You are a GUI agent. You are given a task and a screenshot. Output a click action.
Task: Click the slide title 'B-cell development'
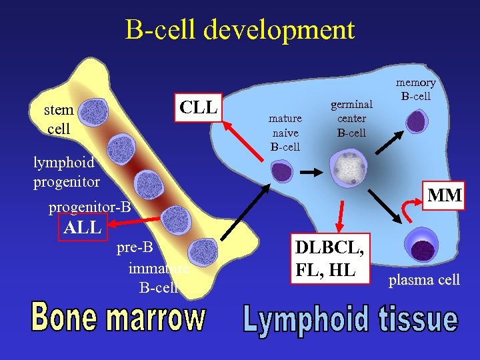point(239,30)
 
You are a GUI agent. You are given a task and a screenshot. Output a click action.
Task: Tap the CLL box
point(199,107)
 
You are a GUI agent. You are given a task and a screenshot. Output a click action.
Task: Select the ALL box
point(82,227)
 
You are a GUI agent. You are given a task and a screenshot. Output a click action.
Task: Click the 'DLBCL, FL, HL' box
point(330,259)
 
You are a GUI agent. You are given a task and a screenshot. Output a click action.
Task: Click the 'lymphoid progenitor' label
point(66,171)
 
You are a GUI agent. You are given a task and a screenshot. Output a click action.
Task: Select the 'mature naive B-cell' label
point(285,132)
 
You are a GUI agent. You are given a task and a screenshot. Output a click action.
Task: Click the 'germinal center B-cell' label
point(351,118)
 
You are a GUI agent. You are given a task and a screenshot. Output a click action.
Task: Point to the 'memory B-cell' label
point(416,89)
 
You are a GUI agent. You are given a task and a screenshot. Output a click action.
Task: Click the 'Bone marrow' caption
point(118,319)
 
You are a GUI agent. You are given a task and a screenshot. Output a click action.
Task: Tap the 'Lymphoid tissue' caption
point(350,319)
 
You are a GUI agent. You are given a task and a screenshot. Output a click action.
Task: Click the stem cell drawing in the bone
point(93,113)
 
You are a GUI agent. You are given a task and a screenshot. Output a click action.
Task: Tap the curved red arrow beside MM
point(405,211)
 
